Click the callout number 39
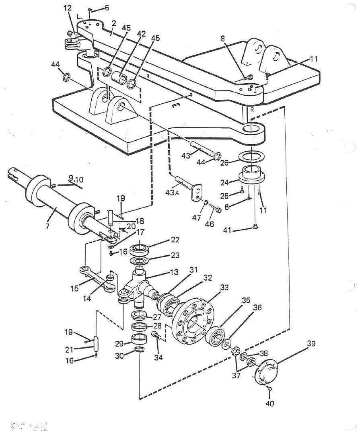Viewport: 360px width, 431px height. (311, 344)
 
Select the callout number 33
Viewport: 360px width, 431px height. (224, 287)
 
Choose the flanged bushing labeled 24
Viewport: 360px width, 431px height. (251, 175)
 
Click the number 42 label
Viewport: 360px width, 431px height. (141, 34)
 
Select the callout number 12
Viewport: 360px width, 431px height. (67, 8)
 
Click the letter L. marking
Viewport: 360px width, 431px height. (80, 17)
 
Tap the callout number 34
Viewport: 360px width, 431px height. (158, 357)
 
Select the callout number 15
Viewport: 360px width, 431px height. (74, 288)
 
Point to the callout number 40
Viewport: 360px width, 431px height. (270, 404)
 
